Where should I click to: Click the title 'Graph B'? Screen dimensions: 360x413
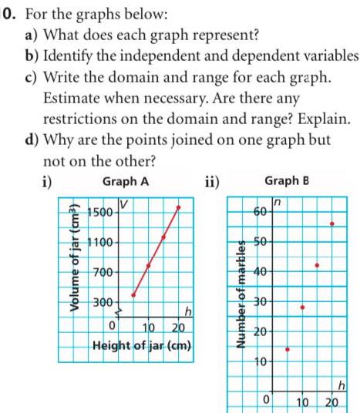coord(286,182)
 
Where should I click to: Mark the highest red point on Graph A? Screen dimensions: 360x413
coord(180,206)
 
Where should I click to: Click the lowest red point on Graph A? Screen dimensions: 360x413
coord(133,295)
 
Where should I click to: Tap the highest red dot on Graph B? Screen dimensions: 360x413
coord(331,223)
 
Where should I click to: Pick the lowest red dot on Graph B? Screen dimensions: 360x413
coord(288,349)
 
